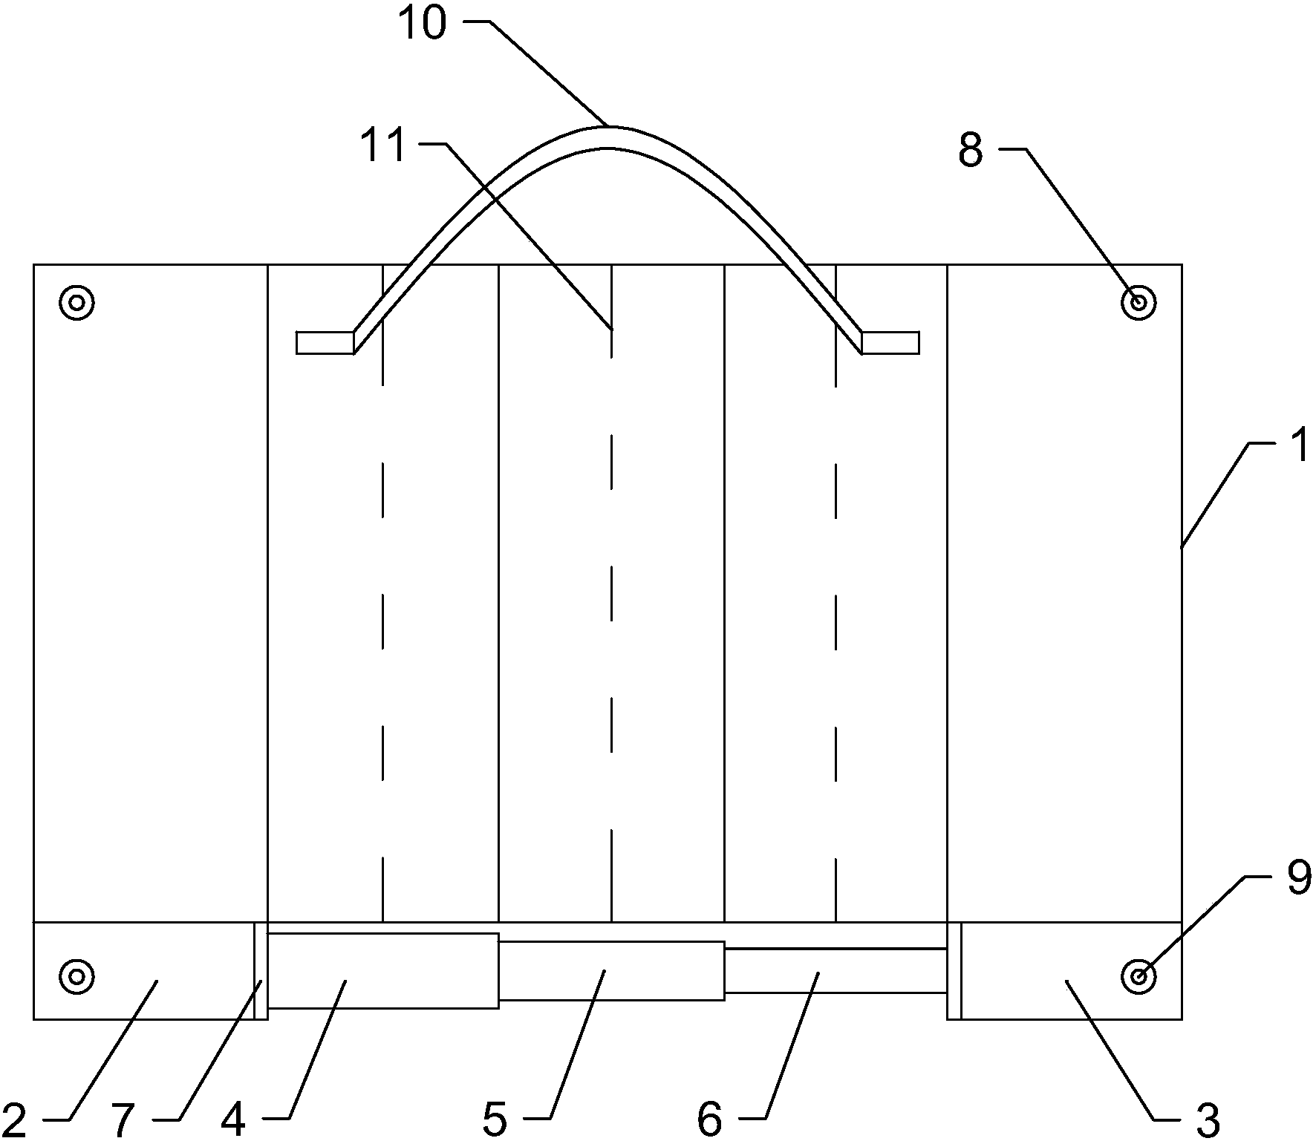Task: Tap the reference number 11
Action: (385, 146)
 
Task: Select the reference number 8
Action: (971, 151)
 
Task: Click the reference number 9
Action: (1299, 877)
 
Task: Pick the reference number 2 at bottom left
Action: (14, 1119)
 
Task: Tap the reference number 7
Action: (125, 1119)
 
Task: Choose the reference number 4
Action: (233, 1119)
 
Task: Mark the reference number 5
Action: (495, 1119)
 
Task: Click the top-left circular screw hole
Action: (77, 303)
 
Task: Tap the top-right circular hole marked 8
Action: (1139, 303)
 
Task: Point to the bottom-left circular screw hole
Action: (77, 976)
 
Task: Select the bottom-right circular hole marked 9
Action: (1139, 976)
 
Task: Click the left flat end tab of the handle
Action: (325, 342)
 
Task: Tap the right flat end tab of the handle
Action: (890, 342)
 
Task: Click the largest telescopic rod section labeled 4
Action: (382, 970)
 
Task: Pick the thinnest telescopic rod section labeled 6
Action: (835, 970)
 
